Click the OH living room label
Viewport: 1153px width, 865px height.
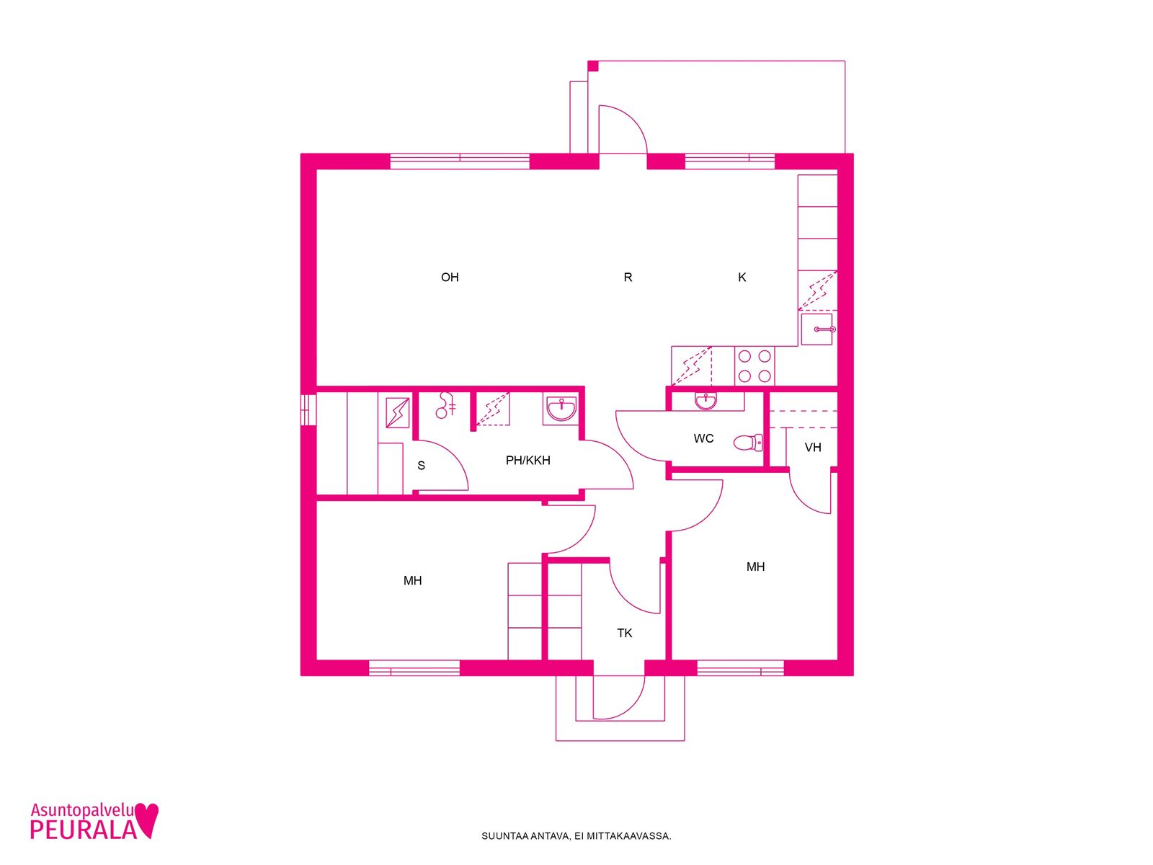tap(450, 277)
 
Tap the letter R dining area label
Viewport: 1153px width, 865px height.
tap(628, 277)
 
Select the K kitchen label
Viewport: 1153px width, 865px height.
tap(742, 277)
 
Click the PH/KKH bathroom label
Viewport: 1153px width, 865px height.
tap(528, 460)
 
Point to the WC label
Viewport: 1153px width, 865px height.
tap(703, 438)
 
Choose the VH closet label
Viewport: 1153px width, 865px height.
tap(813, 447)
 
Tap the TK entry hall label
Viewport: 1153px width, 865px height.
tap(625, 633)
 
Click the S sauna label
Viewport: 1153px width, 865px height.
tap(421, 466)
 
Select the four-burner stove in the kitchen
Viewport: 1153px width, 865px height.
tap(754, 366)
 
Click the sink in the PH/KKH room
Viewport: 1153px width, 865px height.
tap(561, 409)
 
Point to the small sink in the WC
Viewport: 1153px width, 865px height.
tap(705, 402)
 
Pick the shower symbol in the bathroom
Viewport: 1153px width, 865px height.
tap(445, 405)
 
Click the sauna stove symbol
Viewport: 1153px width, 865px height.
tap(398, 413)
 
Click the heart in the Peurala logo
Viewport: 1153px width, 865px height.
tap(146, 820)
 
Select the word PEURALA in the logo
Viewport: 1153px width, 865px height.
tap(83, 829)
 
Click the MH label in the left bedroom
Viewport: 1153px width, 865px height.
tap(412, 580)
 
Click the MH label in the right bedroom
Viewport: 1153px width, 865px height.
tap(755, 567)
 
